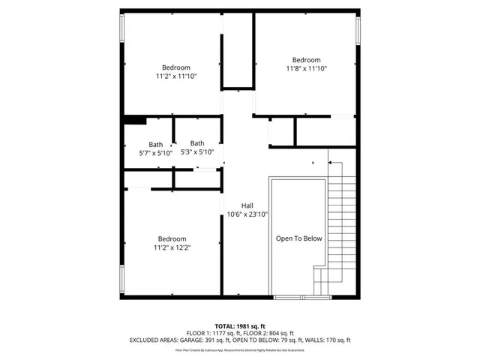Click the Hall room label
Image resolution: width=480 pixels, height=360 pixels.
[247, 205]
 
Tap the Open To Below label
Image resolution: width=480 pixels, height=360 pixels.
[298, 238]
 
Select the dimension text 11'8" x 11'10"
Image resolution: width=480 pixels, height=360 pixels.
[306, 69]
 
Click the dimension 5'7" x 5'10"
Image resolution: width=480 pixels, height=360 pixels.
[155, 153]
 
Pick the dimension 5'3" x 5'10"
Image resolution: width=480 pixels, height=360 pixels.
[197, 151]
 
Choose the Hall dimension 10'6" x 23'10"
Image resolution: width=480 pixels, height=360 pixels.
[247, 214]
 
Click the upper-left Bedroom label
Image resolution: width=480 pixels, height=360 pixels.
[176, 67]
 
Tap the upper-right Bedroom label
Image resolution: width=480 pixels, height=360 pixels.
[306, 60]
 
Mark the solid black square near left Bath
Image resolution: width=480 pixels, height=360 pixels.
[134, 119]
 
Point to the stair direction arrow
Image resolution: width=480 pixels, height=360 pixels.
[331, 161]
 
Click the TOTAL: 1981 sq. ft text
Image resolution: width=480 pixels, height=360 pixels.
[239, 325]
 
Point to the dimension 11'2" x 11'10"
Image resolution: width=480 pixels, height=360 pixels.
[176, 76]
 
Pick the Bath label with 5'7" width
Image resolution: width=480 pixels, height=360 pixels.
[155, 145]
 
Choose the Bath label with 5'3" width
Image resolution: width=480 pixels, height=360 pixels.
[197, 143]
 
